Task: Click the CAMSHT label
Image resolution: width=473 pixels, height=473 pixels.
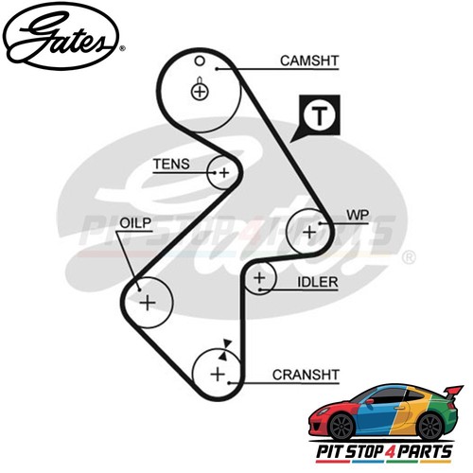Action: pos(309,61)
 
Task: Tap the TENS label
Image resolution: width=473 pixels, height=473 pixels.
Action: pos(171,164)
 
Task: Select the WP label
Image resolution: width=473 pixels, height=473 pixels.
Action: pos(358,215)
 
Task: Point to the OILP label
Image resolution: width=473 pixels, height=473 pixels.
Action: pos(135,223)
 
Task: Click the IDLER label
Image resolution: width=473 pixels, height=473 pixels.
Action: pos(318,282)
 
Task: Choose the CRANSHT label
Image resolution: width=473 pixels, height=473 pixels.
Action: pos(306,375)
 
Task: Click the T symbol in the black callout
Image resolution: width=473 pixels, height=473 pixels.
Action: pos(320,115)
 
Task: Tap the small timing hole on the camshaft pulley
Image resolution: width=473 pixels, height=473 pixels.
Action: pos(200,61)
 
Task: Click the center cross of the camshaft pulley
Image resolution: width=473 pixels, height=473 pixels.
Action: pos(200,92)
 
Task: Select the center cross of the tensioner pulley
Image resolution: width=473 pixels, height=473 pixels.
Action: pos(224,173)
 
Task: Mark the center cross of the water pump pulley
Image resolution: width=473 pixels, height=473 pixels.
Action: pos(309,232)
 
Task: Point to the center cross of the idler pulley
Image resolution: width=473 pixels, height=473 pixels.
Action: pos(259,278)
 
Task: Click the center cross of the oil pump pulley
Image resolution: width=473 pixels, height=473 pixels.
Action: pos(148,303)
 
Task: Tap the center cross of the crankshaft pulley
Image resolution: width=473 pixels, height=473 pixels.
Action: pos(218,375)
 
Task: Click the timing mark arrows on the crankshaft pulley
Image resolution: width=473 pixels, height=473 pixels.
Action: pos(226,350)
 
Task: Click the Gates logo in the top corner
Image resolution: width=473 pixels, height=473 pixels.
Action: pos(62,37)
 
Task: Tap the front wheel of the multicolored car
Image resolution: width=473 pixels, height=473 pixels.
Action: pos(342,427)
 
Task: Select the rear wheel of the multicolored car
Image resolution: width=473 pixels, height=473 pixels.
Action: pos(430,427)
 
